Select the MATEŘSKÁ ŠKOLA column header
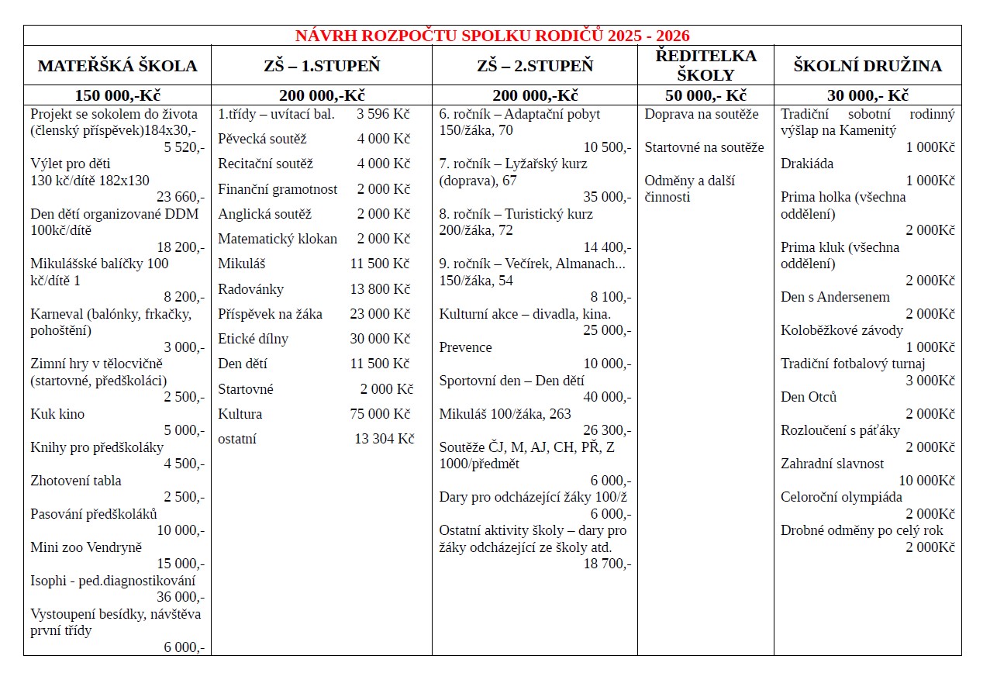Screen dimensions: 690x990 click(x=118, y=66)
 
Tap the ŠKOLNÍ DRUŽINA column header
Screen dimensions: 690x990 click(x=868, y=66)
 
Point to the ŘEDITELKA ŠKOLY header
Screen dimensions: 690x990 click(x=705, y=65)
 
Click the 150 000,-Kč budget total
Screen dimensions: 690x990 click(x=118, y=96)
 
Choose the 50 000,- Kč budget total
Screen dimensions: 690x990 click(x=705, y=96)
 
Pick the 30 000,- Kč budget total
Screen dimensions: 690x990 click(x=868, y=96)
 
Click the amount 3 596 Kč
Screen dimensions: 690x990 click(x=383, y=114)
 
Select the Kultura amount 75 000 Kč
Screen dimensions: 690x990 click(x=380, y=414)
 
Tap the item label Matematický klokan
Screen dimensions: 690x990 click(x=278, y=239)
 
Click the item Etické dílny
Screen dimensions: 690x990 click(x=253, y=339)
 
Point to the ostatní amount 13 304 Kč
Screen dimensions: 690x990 click(x=385, y=439)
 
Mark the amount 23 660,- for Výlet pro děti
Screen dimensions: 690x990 click(x=181, y=197)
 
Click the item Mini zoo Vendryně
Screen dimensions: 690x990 click(x=86, y=547)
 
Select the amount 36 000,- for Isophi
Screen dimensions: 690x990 click(x=181, y=597)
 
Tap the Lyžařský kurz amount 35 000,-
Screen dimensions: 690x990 click(x=607, y=197)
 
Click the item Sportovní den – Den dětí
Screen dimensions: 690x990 click(x=512, y=381)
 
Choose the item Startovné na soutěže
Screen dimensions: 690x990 click(x=704, y=147)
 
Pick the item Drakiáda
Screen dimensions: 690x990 click(x=807, y=164)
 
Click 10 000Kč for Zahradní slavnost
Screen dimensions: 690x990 click(x=926, y=481)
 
